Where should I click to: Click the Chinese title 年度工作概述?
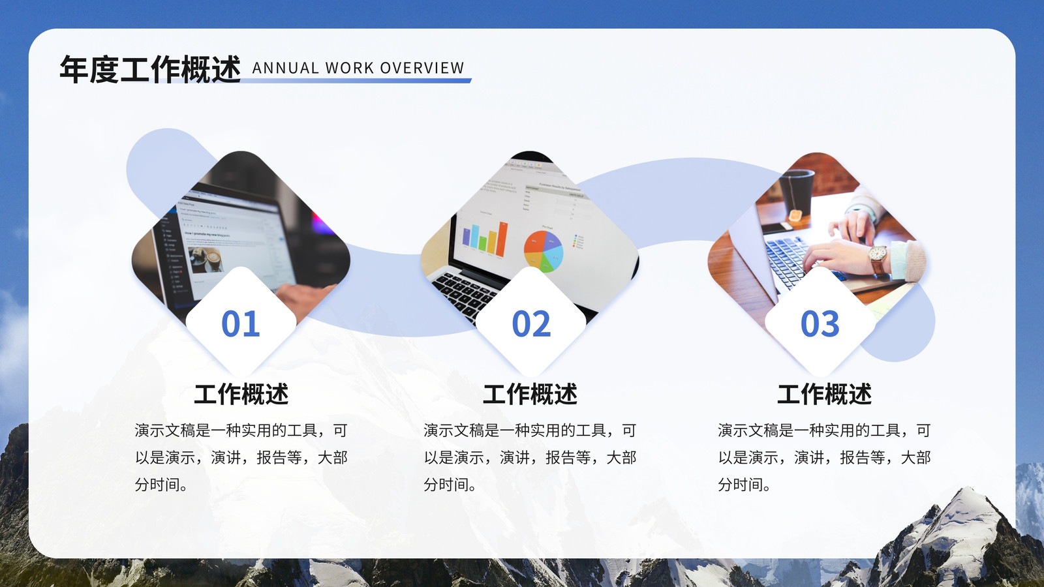coord(150,69)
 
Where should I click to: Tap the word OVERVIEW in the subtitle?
coord(422,68)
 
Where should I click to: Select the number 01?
coord(241,324)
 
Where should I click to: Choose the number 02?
coord(531,324)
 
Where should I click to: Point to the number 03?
coord(820,324)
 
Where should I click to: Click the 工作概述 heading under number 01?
coord(241,394)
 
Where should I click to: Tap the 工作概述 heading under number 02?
coord(530,394)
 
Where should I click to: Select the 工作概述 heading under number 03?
coord(825,394)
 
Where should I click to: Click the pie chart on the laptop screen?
coord(544,250)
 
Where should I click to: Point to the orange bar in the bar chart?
coord(502,239)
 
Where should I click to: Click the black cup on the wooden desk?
coord(798,190)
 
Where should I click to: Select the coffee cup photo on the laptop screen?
coord(206,259)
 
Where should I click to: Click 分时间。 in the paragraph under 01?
coord(161,485)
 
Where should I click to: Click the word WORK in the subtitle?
coord(349,68)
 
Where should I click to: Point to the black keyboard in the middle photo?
coord(466,293)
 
